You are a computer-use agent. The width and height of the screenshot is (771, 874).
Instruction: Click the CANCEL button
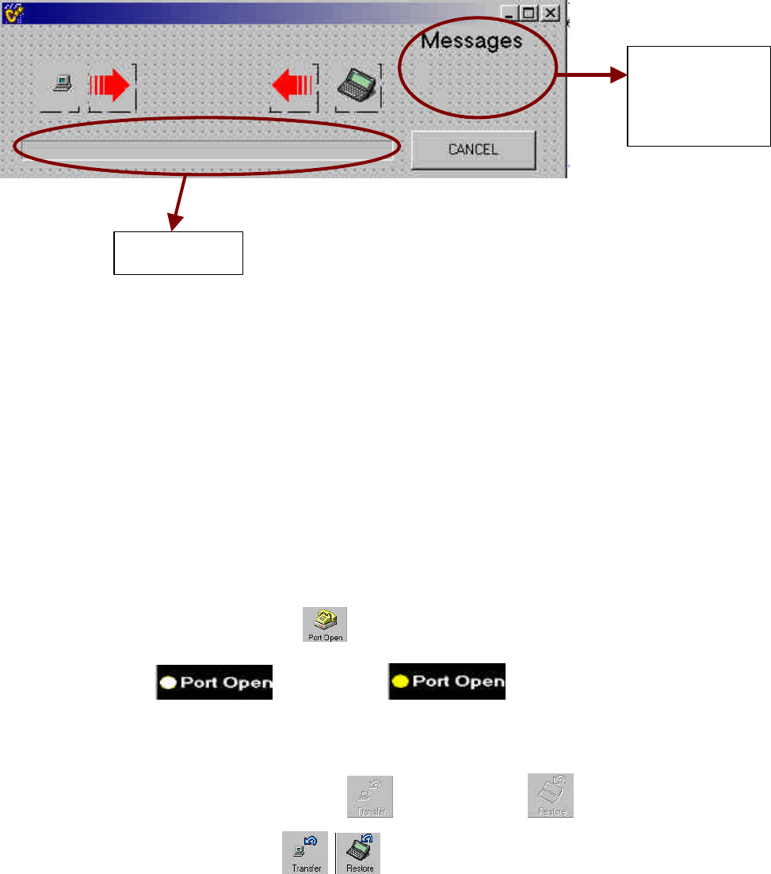click(473, 149)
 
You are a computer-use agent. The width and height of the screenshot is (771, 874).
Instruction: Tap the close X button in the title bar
click(551, 13)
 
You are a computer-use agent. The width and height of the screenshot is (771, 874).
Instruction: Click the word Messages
click(471, 40)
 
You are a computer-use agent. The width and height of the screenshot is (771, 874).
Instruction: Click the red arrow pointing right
click(110, 86)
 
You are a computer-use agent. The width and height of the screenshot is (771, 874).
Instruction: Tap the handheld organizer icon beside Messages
click(357, 84)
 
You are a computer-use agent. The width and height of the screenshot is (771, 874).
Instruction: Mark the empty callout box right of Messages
click(698, 96)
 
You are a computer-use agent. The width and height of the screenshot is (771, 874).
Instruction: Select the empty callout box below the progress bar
click(178, 253)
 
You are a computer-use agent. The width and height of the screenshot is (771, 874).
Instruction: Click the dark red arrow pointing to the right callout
click(590, 75)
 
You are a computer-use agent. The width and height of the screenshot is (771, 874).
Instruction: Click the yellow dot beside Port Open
click(401, 681)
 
